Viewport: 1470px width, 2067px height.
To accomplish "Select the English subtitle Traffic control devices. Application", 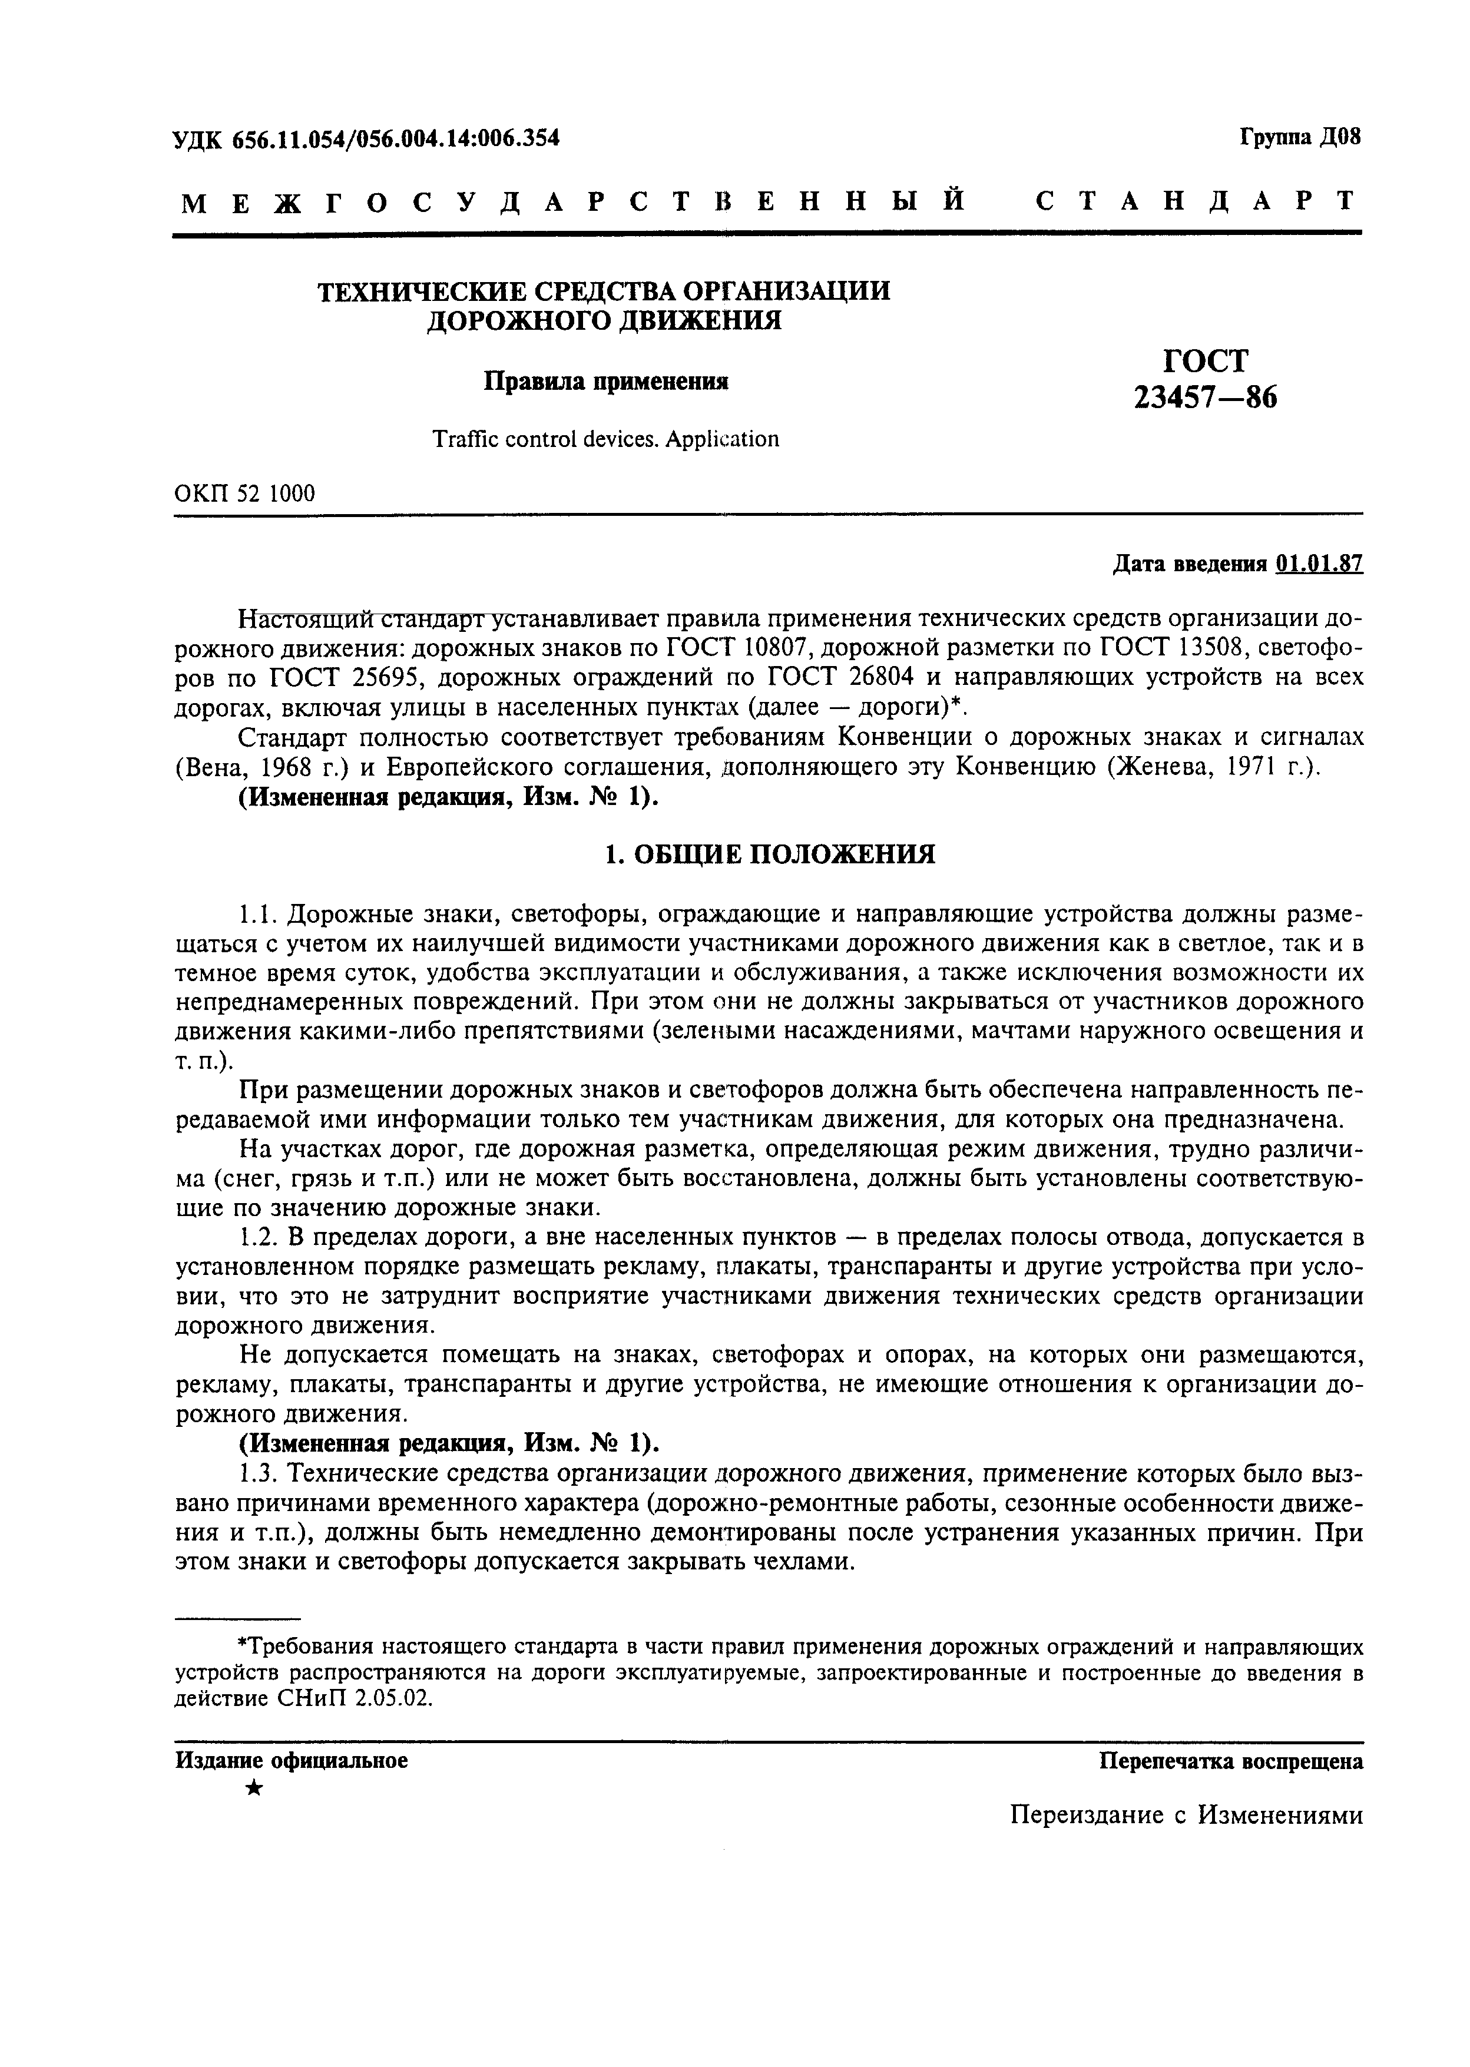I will (605, 439).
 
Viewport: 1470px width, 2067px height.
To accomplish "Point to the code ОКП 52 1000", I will (244, 493).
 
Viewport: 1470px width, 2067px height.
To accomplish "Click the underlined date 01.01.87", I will (1319, 564).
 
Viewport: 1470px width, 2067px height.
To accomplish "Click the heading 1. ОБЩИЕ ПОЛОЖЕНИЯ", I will (769, 853).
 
